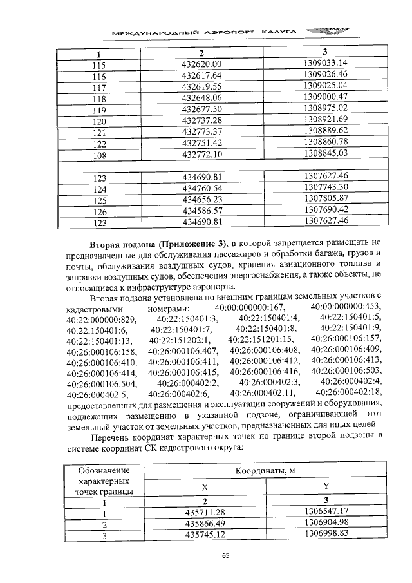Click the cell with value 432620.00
(201, 64)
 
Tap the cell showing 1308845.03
(325, 153)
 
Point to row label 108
(98, 155)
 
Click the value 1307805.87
(325, 198)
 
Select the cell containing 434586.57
(201, 210)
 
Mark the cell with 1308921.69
(325, 120)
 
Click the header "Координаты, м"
(265, 472)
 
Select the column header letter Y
(325, 488)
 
